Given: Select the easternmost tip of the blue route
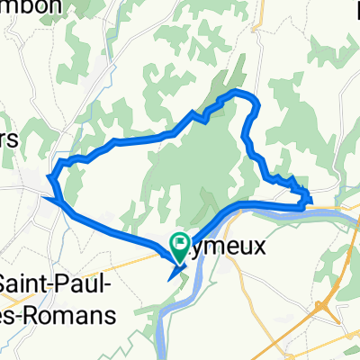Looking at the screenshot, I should pyautogui.click(x=309, y=196).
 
